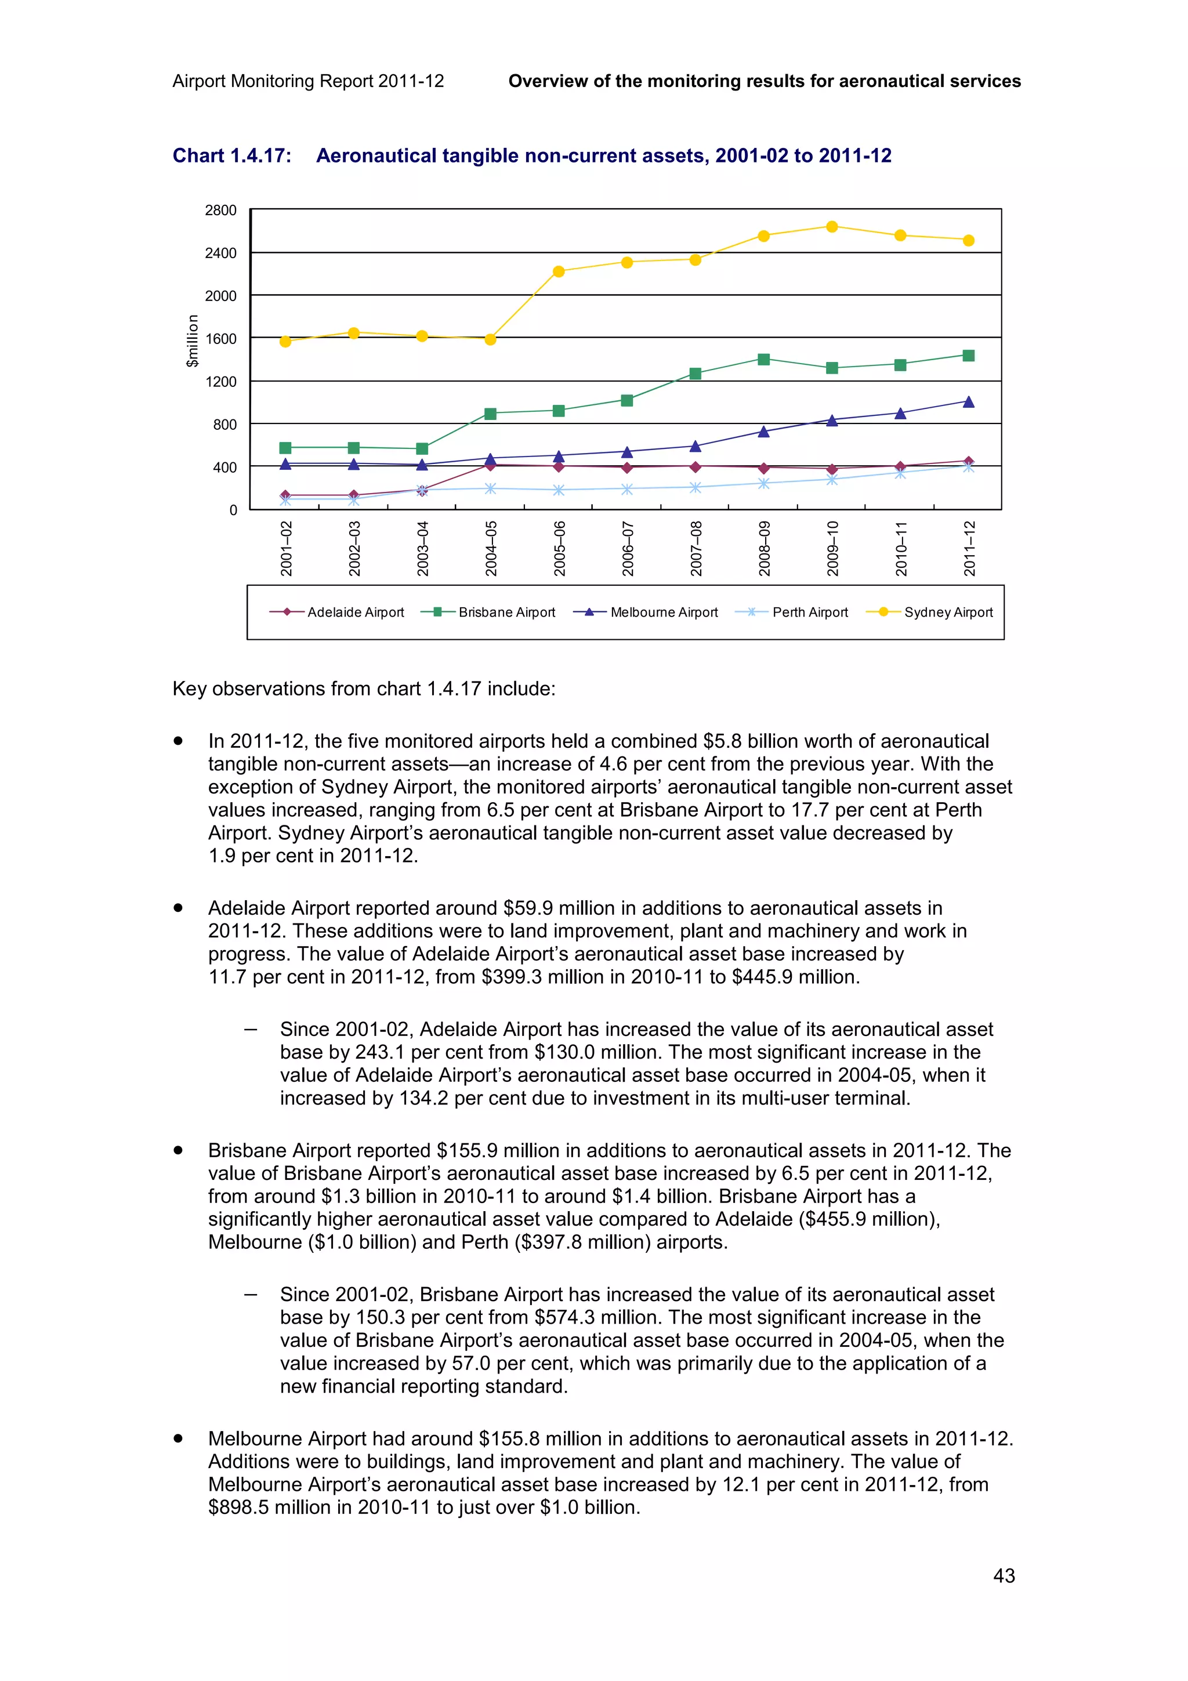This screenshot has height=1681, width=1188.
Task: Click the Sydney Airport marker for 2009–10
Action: pyautogui.click(x=831, y=227)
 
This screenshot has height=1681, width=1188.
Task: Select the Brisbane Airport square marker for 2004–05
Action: pyautogui.click(x=490, y=414)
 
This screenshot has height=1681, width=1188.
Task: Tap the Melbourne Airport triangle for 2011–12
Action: pyautogui.click(x=968, y=402)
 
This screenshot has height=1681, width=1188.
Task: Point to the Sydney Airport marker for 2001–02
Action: pyautogui.click(x=285, y=341)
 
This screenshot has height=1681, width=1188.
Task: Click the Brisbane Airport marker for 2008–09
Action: pyautogui.click(x=763, y=358)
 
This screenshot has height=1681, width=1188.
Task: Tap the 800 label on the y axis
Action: pyautogui.click(x=224, y=425)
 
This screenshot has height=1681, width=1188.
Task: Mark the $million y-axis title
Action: pyautogui.click(x=193, y=340)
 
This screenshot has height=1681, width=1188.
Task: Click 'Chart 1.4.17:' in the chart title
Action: pyautogui.click(x=232, y=156)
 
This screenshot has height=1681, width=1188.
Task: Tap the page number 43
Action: pyautogui.click(x=1004, y=1575)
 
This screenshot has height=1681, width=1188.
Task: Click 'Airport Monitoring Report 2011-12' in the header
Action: pyautogui.click(x=308, y=81)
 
